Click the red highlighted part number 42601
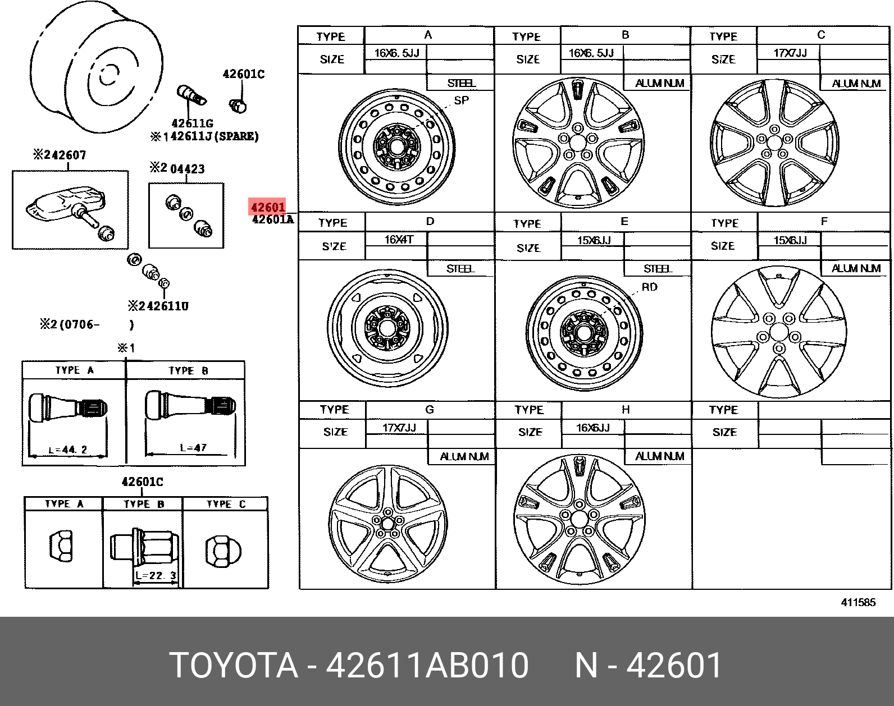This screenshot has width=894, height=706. click(268, 207)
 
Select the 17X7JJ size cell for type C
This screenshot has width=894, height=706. click(790, 53)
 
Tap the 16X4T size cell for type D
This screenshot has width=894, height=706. click(399, 240)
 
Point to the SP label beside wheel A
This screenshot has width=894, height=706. click(461, 100)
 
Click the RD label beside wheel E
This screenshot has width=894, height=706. click(649, 287)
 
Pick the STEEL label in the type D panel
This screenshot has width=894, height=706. click(460, 269)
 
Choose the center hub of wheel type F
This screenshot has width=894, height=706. click(778, 333)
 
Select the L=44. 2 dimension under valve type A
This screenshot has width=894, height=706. click(68, 450)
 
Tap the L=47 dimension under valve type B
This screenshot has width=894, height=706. click(193, 448)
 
